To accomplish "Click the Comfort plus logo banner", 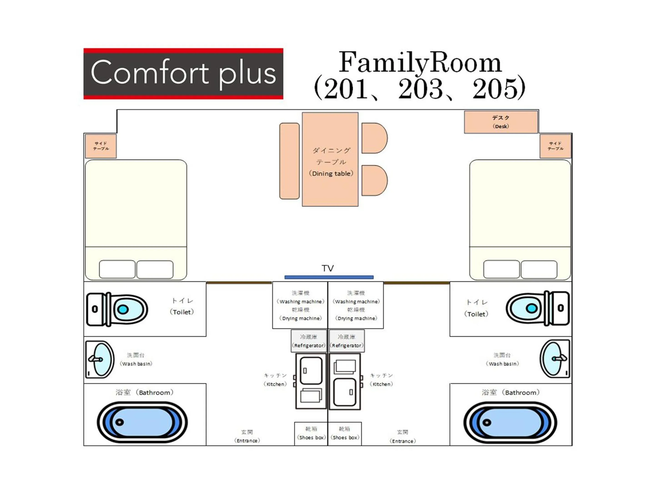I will (x=183, y=73).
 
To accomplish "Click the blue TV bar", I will (x=329, y=277).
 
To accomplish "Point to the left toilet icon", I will (x=117, y=309).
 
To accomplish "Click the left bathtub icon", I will (x=142, y=422).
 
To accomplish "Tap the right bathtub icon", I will (x=510, y=422).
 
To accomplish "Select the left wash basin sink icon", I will (x=100, y=359).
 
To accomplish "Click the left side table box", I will (x=101, y=146).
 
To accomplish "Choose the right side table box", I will (x=555, y=146).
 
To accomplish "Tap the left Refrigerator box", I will (x=309, y=341).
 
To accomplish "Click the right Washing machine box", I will (x=356, y=305).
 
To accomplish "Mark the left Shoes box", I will (x=311, y=433).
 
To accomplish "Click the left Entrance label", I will (x=247, y=436).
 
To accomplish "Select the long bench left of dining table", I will (x=289, y=161).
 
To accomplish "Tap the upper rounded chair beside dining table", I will (x=374, y=138).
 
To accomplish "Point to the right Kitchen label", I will (x=381, y=379).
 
